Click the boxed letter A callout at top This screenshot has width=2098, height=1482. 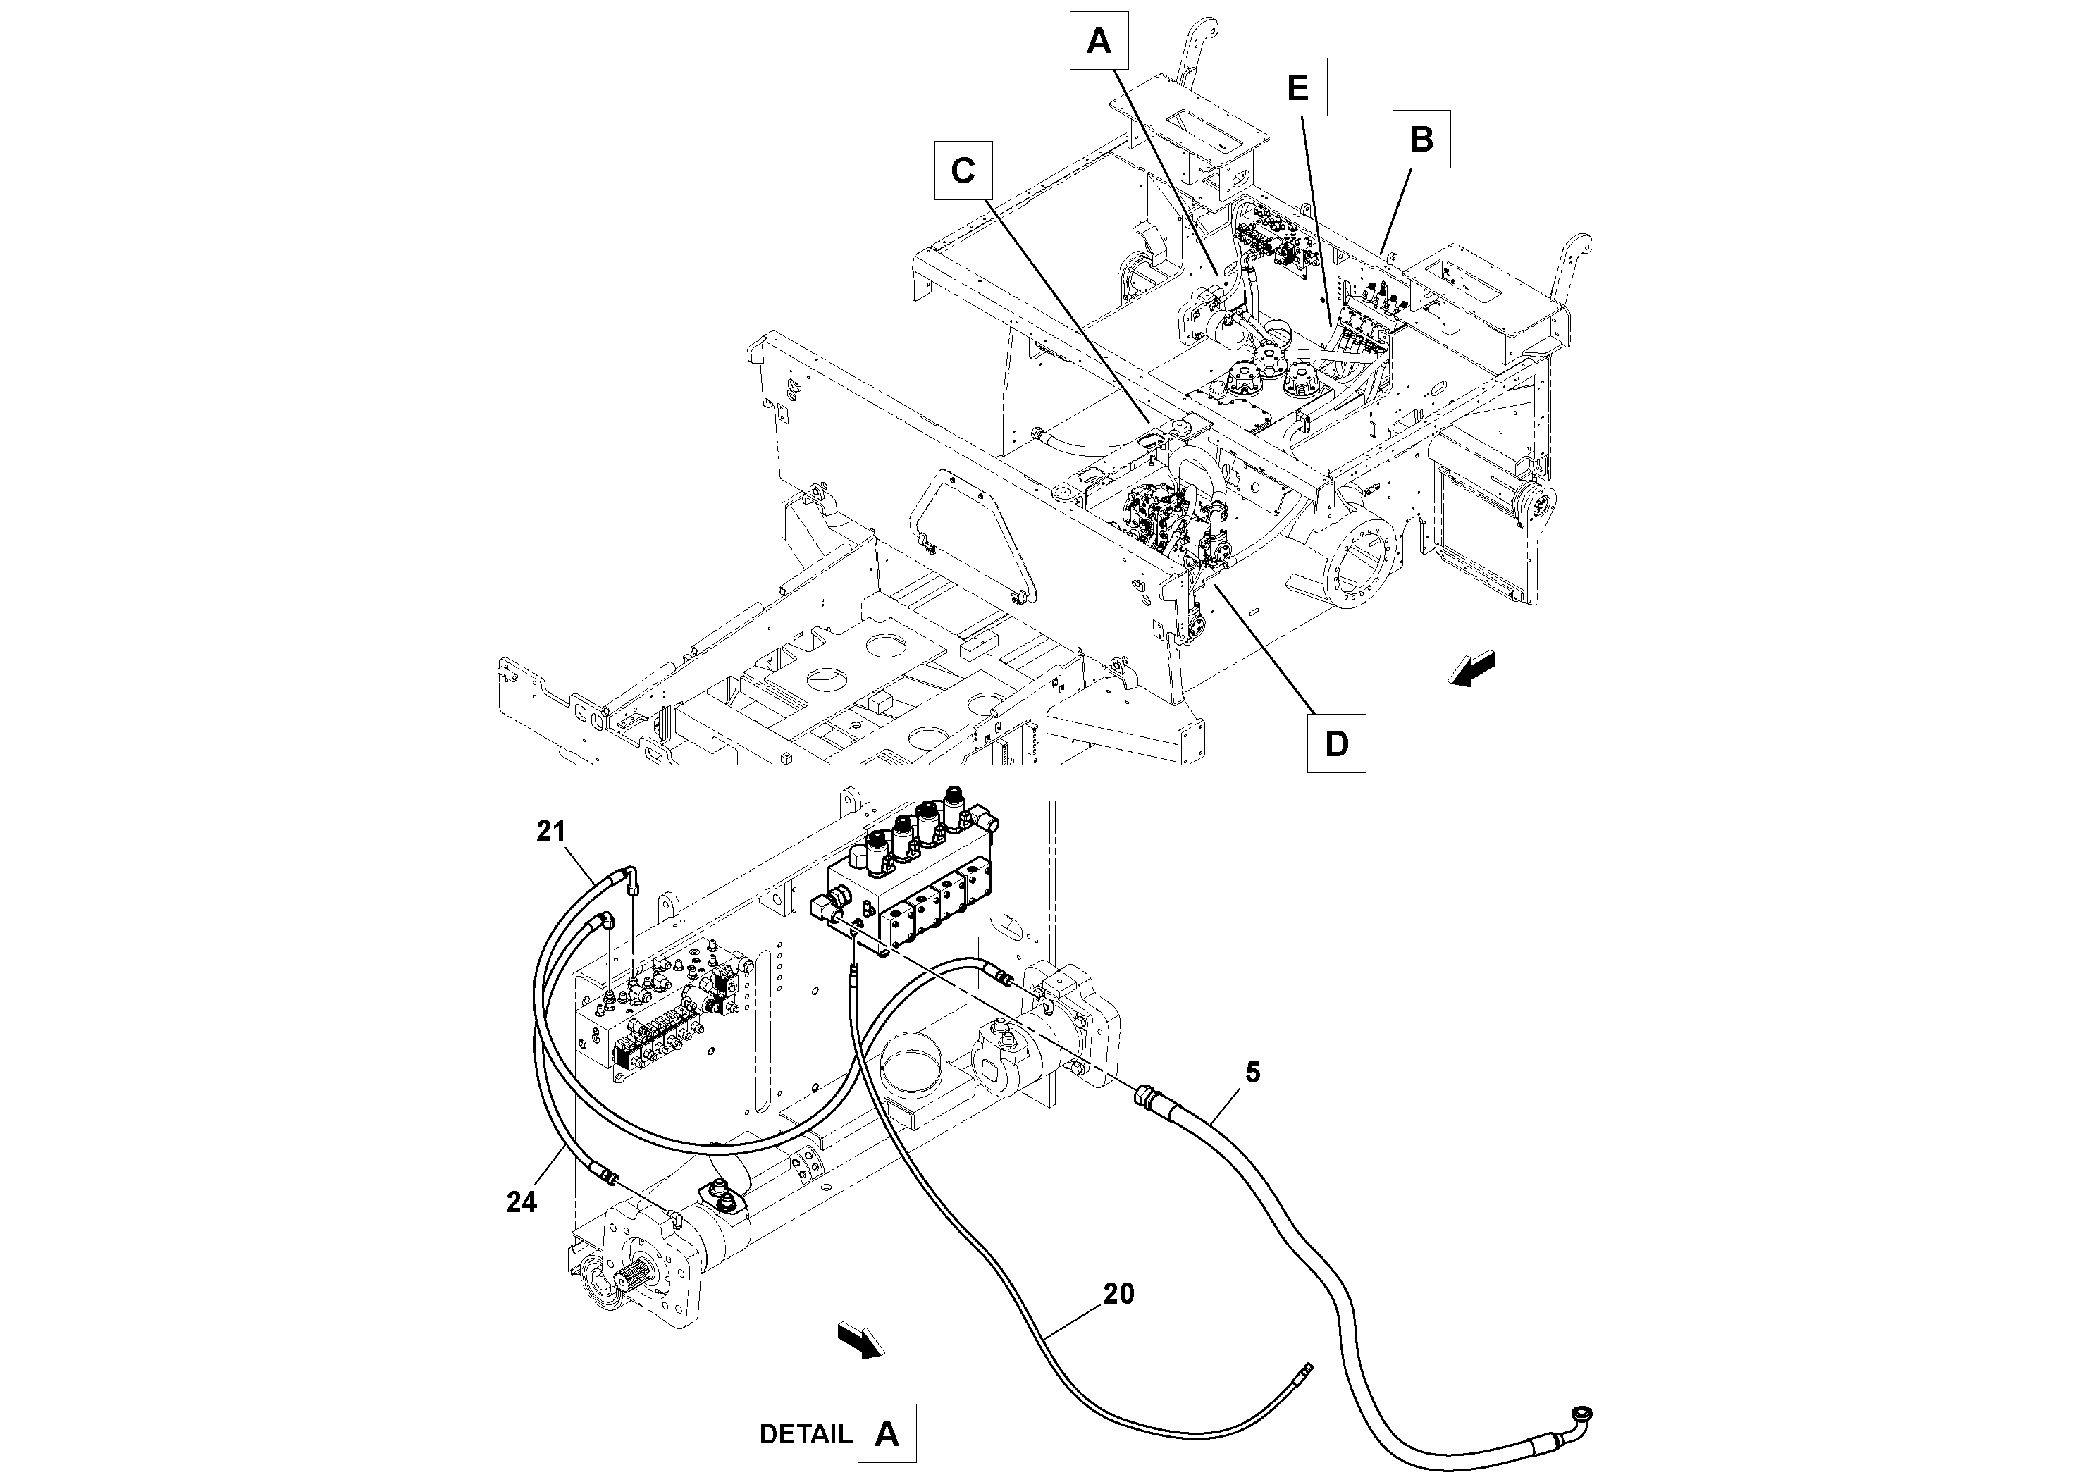point(1099,41)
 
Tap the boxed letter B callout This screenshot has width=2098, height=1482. point(1421,139)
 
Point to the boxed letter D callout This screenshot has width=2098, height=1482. point(1336,743)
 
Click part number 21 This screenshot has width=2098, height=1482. point(551,832)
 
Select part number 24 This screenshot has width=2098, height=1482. point(521,1202)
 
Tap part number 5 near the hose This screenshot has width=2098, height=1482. point(1253,1073)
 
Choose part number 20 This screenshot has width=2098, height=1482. point(1118,1294)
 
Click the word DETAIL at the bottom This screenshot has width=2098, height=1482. point(805,1435)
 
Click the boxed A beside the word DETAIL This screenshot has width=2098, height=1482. point(887,1435)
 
